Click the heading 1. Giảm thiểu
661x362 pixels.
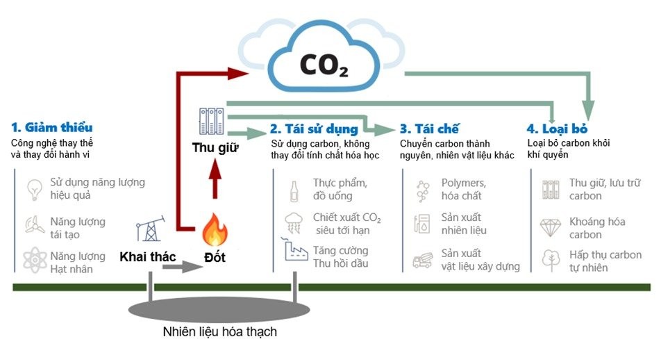click(52, 128)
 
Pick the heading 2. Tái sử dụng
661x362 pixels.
click(315, 129)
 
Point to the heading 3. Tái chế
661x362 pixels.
click(430, 129)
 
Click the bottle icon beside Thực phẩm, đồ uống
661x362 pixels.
click(294, 190)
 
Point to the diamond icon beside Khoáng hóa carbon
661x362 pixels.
click(550, 227)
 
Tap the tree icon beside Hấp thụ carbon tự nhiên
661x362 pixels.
click(550, 259)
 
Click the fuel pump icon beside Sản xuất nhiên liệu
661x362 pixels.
click(421, 224)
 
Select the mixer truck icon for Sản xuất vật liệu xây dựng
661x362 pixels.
click(421, 259)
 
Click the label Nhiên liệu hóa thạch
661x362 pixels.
click(220, 331)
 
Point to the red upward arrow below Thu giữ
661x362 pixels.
click(215, 183)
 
